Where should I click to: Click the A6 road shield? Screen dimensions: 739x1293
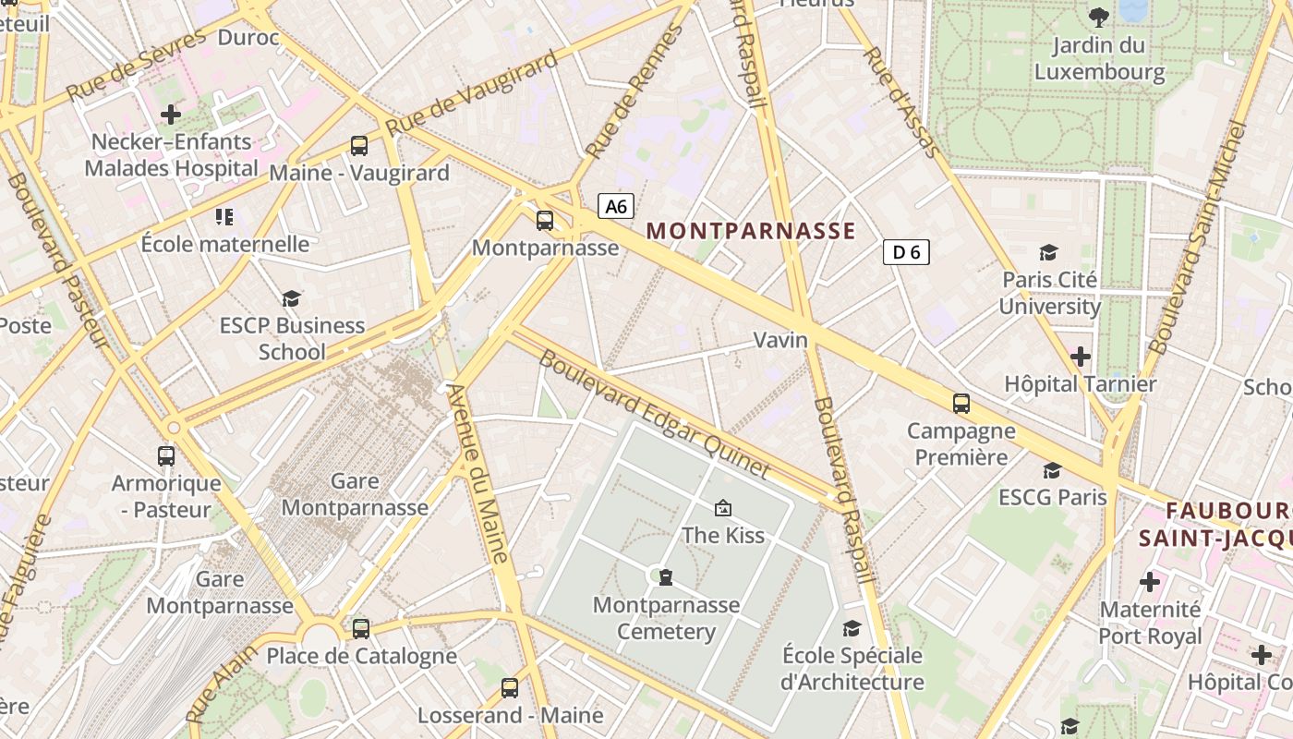point(616,206)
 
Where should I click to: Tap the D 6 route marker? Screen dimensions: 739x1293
point(905,252)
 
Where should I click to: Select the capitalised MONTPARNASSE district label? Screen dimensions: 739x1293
point(751,231)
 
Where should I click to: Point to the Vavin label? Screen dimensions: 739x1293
point(780,340)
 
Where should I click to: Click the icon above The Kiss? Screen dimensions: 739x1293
point(722,507)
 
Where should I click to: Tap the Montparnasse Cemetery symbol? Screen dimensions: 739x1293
point(665,577)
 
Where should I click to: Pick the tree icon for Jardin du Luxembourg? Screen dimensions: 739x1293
point(1099,17)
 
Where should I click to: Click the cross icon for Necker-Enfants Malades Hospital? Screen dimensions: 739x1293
point(170,115)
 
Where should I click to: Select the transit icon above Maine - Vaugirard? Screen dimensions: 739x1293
point(358,145)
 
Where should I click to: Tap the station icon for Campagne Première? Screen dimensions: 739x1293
point(961,403)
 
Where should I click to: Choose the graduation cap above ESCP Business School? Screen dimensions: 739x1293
point(292,298)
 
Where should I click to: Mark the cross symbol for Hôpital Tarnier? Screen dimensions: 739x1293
point(1080,356)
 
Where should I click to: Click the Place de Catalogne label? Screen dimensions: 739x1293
point(361,656)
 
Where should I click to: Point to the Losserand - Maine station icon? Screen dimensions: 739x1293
point(510,687)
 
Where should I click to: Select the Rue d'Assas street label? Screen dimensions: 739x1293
point(900,101)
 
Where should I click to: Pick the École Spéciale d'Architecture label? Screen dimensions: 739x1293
point(852,669)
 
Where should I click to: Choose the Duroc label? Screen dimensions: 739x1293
point(248,37)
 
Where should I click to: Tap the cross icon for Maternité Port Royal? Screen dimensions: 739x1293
point(1150,582)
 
